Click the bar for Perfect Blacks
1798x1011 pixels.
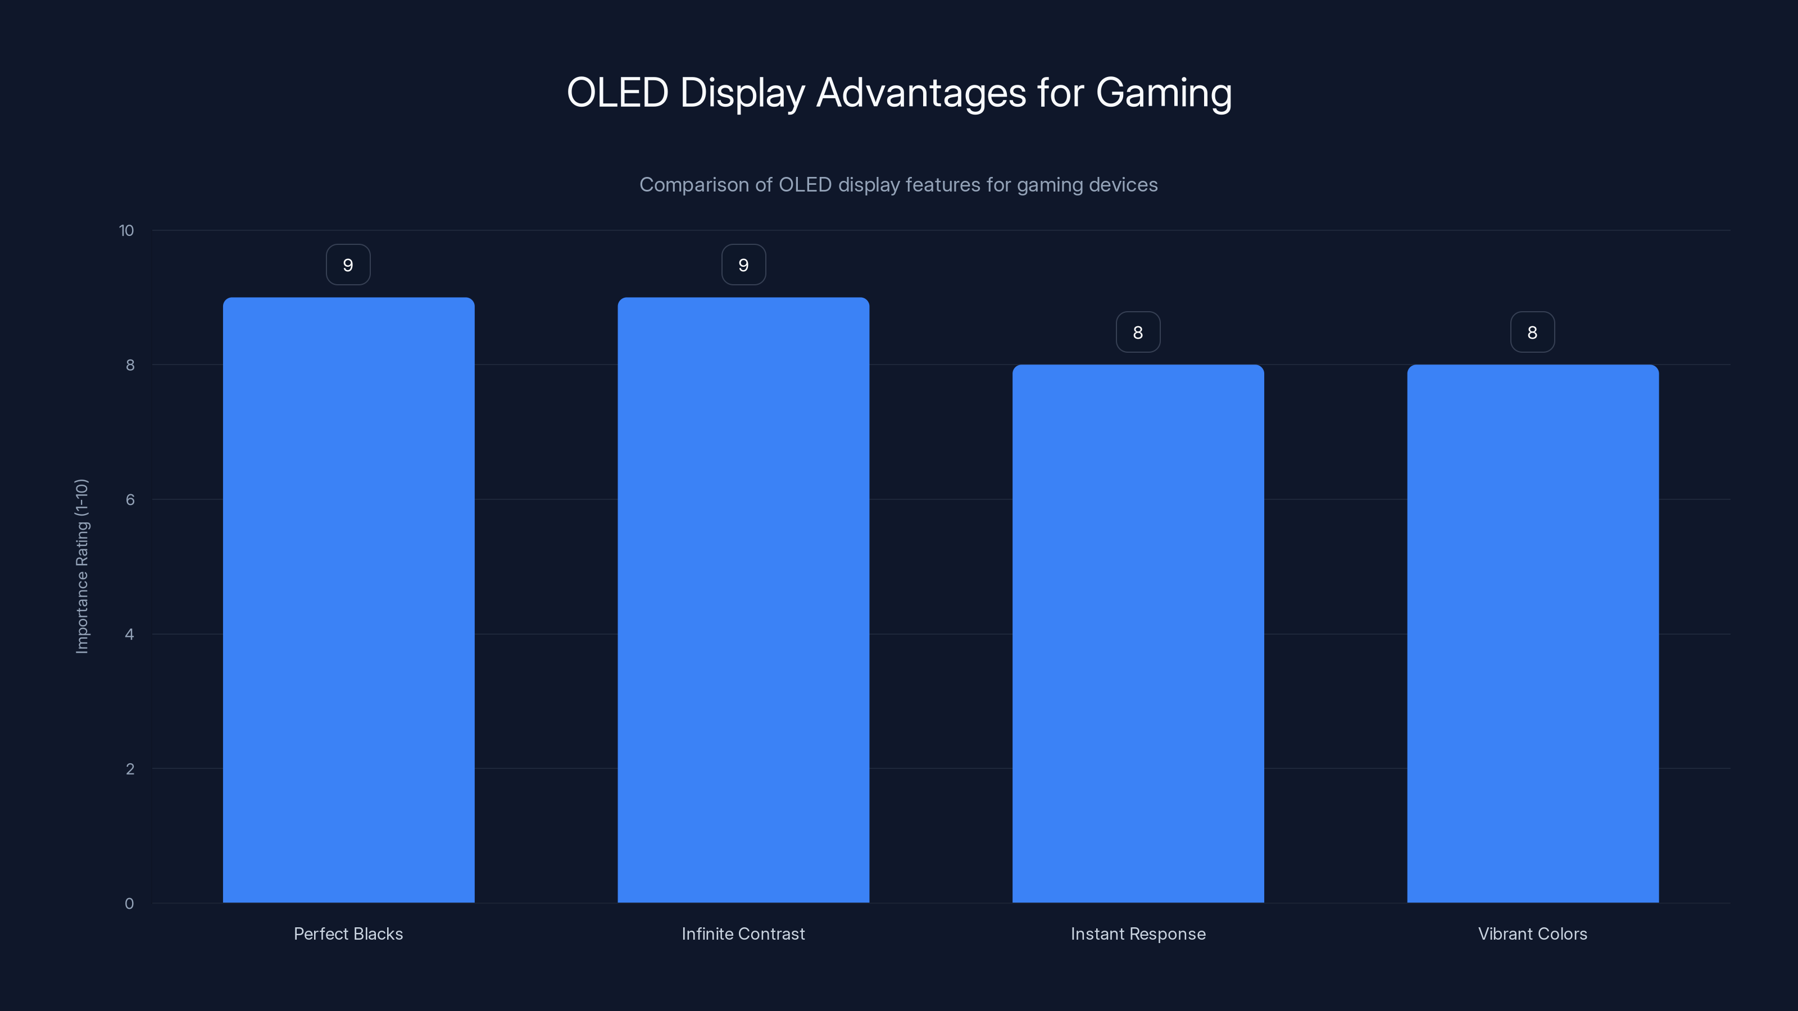(x=348, y=600)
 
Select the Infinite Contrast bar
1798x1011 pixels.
(x=743, y=600)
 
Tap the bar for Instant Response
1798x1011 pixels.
(x=1138, y=634)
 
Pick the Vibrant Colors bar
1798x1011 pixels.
(x=1533, y=634)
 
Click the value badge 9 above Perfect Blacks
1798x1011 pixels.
(x=348, y=265)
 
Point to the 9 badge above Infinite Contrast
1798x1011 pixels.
(x=743, y=265)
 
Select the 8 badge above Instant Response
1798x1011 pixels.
(x=1138, y=332)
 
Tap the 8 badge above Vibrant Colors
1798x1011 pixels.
(x=1533, y=332)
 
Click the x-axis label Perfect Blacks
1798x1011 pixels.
(x=348, y=933)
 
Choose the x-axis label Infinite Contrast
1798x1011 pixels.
(x=743, y=933)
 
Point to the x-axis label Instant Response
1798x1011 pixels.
(x=1138, y=933)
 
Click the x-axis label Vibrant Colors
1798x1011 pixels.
(x=1533, y=933)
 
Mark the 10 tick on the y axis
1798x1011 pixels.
(x=126, y=230)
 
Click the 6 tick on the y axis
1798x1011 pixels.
(x=130, y=499)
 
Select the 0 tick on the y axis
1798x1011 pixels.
(x=129, y=904)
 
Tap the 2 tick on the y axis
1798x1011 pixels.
(x=130, y=769)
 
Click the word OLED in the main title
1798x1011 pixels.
(x=617, y=93)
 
